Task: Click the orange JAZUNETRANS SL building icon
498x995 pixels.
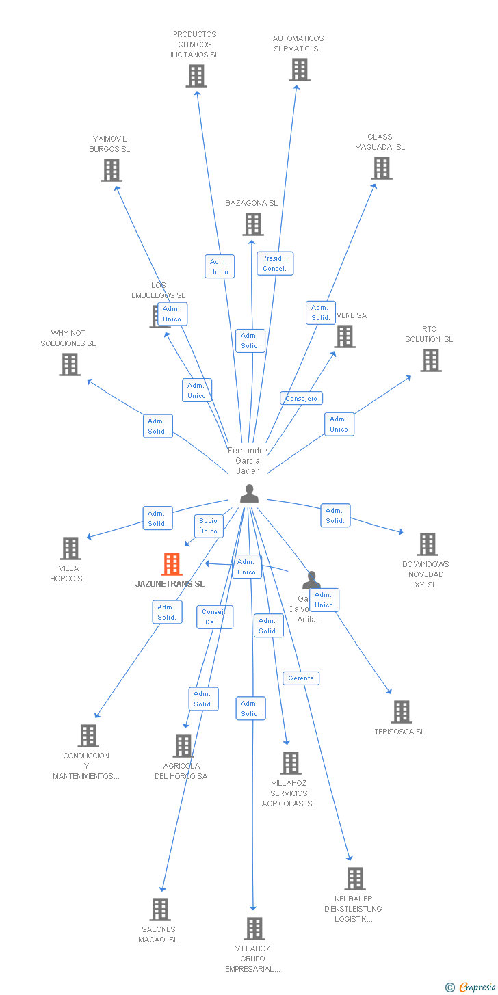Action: (172, 564)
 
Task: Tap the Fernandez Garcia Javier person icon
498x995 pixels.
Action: (249, 493)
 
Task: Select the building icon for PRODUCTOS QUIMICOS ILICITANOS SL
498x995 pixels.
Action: (196, 76)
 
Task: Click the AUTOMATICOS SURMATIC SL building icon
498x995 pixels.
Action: (299, 70)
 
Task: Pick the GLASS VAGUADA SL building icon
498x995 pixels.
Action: (381, 168)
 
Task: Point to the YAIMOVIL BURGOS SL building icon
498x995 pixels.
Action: (112, 170)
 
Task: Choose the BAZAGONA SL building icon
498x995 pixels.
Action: (253, 224)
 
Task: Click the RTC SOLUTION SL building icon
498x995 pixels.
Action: (430, 360)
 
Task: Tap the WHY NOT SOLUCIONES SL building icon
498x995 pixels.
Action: (70, 364)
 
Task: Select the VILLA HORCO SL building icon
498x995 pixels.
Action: (70, 548)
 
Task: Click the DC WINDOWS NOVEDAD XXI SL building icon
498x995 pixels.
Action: (428, 544)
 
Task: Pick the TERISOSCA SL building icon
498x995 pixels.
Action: (402, 712)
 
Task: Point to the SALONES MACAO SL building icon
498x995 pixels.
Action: (160, 910)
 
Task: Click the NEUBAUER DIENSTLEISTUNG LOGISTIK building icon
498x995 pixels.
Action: (354, 879)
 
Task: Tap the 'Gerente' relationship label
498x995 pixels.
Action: (301, 678)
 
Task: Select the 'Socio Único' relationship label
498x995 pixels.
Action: (208, 526)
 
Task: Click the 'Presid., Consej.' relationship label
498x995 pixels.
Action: (275, 263)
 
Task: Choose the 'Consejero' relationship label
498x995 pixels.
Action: (301, 398)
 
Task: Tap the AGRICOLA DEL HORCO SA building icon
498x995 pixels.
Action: (183, 746)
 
